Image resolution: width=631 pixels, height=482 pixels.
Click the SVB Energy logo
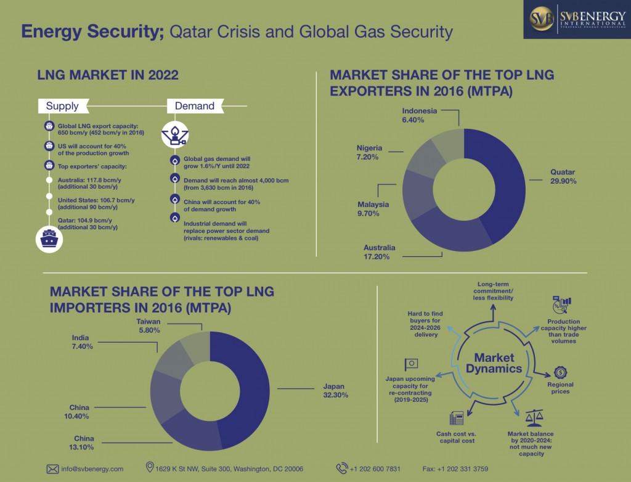point(577,19)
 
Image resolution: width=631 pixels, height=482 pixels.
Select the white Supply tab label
point(62,106)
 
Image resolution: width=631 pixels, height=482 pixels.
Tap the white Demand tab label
point(194,106)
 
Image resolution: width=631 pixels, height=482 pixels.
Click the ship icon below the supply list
point(48,241)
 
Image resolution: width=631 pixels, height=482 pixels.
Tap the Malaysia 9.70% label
point(373,208)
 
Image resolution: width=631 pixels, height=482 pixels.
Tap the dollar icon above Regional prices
point(560,372)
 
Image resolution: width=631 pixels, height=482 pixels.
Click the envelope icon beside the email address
point(52,469)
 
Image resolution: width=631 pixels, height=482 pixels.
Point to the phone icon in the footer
point(341,468)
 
